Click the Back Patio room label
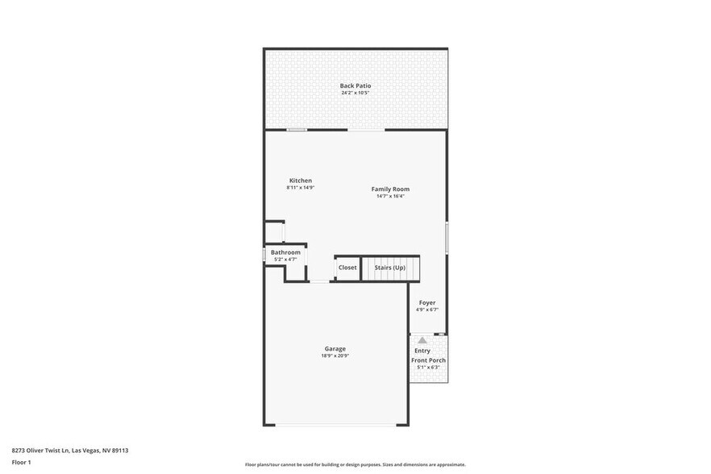pos(355,85)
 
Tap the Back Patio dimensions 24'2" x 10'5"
pos(355,93)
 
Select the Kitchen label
pos(301,181)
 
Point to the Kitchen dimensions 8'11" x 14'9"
pos(301,188)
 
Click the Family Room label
pos(390,189)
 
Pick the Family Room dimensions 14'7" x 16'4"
pos(390,196)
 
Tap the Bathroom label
pos(285,252)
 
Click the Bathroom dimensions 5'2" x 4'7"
pos(285,260)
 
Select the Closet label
pos(347,268)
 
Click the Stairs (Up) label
pos(389,268)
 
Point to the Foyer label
pos(427,302)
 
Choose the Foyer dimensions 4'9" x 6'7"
pos(427,310)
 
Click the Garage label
pos(335,348)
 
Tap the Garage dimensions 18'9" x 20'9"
pos(335,355)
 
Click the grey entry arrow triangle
pos(422,340)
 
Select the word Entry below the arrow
pos(422,351)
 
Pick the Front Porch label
pos(428,360)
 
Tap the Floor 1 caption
pos(21,462)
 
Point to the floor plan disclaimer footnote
pos(355,464)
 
